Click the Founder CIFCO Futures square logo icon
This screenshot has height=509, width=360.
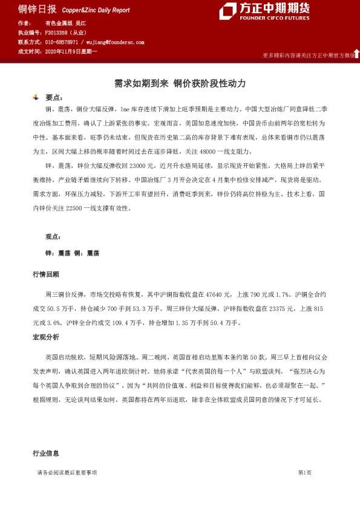click(227, 11)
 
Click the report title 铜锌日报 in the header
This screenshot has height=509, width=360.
click(38, 9)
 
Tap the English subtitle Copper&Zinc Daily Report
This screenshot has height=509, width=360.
click(96, 10)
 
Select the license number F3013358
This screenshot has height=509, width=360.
click(58, 33)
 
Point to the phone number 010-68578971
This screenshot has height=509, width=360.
click(62, 42)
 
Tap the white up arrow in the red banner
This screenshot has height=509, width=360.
click(356, 54)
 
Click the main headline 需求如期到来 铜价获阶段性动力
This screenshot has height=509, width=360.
click(180, 83)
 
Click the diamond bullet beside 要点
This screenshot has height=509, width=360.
click(36, 97)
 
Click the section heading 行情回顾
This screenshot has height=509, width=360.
click(46, 274)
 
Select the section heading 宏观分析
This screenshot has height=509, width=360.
click(46, 337)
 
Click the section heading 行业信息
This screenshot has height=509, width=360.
click(46, 453)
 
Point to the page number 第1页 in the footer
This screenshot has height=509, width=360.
click(304, 472)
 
